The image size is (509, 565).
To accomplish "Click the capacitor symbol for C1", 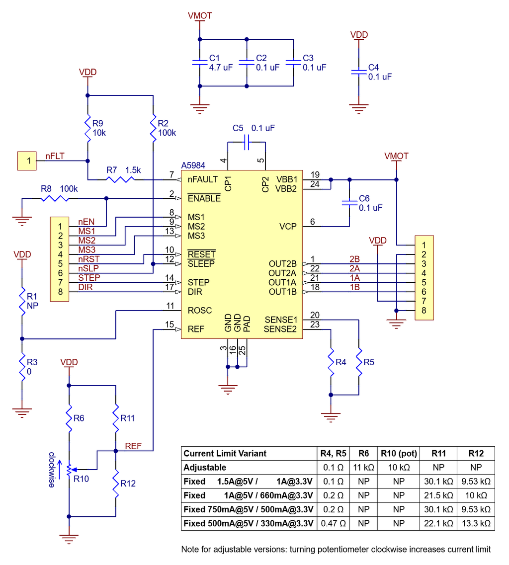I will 199,62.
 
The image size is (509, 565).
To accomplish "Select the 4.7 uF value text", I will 221,68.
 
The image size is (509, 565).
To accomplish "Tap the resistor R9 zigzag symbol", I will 88,128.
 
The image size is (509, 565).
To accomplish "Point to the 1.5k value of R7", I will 133,170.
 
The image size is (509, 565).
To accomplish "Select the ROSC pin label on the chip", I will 200,311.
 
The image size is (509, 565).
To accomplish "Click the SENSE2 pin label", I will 280,329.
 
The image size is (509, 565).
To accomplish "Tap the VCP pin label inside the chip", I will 288,226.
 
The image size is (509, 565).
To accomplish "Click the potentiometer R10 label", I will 81,479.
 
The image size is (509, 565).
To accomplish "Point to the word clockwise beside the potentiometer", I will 52,470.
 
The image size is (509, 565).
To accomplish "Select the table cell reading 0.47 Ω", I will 333,523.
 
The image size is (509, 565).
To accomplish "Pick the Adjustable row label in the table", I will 205,468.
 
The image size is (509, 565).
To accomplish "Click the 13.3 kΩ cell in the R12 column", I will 476,523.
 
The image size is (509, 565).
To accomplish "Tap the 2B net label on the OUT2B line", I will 354,259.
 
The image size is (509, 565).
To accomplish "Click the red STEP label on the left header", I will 89,278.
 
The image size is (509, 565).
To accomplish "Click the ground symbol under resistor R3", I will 22,411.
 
